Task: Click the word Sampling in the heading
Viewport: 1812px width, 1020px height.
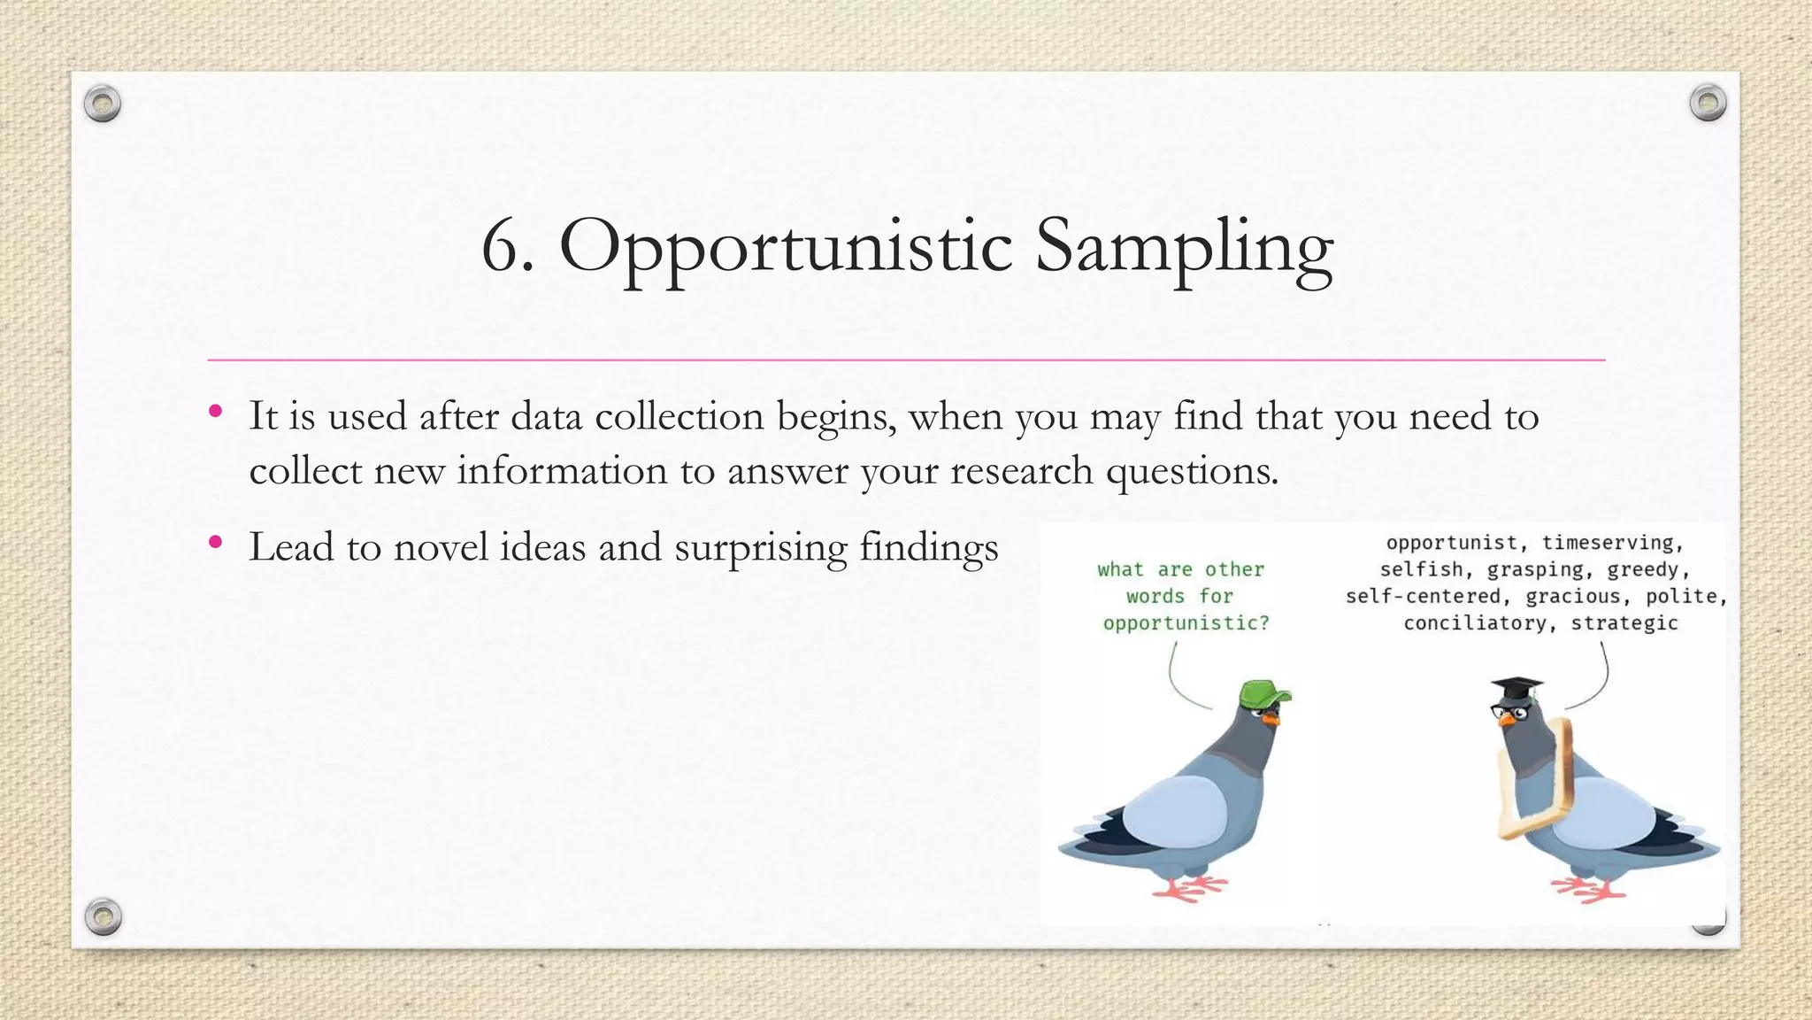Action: click(1183, 248)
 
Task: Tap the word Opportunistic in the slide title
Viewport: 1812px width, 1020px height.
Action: click(785, 248)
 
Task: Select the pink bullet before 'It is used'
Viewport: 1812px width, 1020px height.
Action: click(215, 411)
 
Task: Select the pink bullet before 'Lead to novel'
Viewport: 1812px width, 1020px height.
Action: click(215, 542)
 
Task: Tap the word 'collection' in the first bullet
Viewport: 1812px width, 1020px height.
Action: click(679, 416)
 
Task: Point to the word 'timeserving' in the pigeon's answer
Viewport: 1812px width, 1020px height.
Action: click(1612, 543)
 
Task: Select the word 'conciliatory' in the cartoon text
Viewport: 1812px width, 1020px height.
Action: click(1476, 623)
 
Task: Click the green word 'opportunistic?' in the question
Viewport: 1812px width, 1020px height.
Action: click(1186, 623)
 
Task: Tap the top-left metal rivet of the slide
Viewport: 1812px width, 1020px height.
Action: click(103, 104)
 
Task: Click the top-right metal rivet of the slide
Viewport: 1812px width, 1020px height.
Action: click(1708, 103)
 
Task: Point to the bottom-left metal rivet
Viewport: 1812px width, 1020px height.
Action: click(103, 916)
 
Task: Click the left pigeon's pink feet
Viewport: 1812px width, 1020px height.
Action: click(1190, 886)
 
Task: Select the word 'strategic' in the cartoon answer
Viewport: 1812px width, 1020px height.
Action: click(1624, 623)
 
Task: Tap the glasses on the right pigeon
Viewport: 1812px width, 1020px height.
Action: click(1506, 710)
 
